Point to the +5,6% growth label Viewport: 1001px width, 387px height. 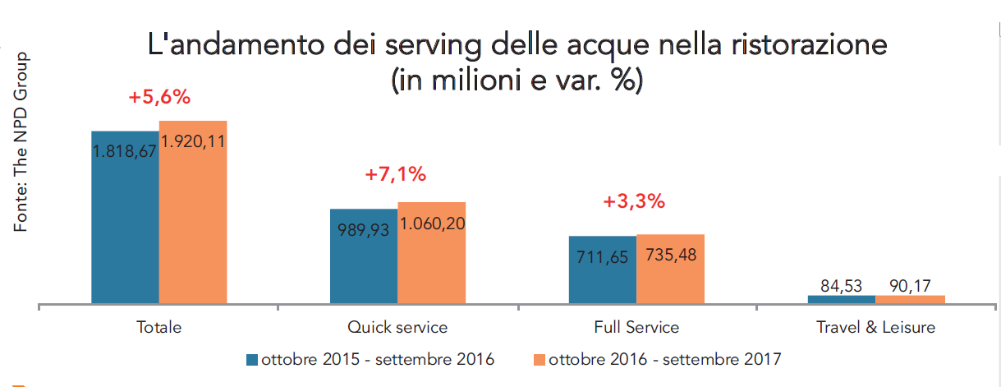[x=159, y=97]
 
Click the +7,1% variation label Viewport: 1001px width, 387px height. [x=397, y=173]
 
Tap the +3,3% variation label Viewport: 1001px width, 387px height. [x=633, y=201]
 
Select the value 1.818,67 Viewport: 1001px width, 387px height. [x=125, y=152]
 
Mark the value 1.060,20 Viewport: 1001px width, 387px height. [x=432, y=223]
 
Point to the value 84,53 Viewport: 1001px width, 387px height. [x=842, y=286]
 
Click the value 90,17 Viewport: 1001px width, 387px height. [x=910, y=286]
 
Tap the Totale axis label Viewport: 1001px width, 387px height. [x=159, y=327]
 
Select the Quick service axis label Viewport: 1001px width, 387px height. [x=397, y=327]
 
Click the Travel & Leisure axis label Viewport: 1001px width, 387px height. [x=875, y=327]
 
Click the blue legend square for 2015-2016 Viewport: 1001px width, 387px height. [x=252, y=360]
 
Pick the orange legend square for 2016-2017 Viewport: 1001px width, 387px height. [x=540, y=360]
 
